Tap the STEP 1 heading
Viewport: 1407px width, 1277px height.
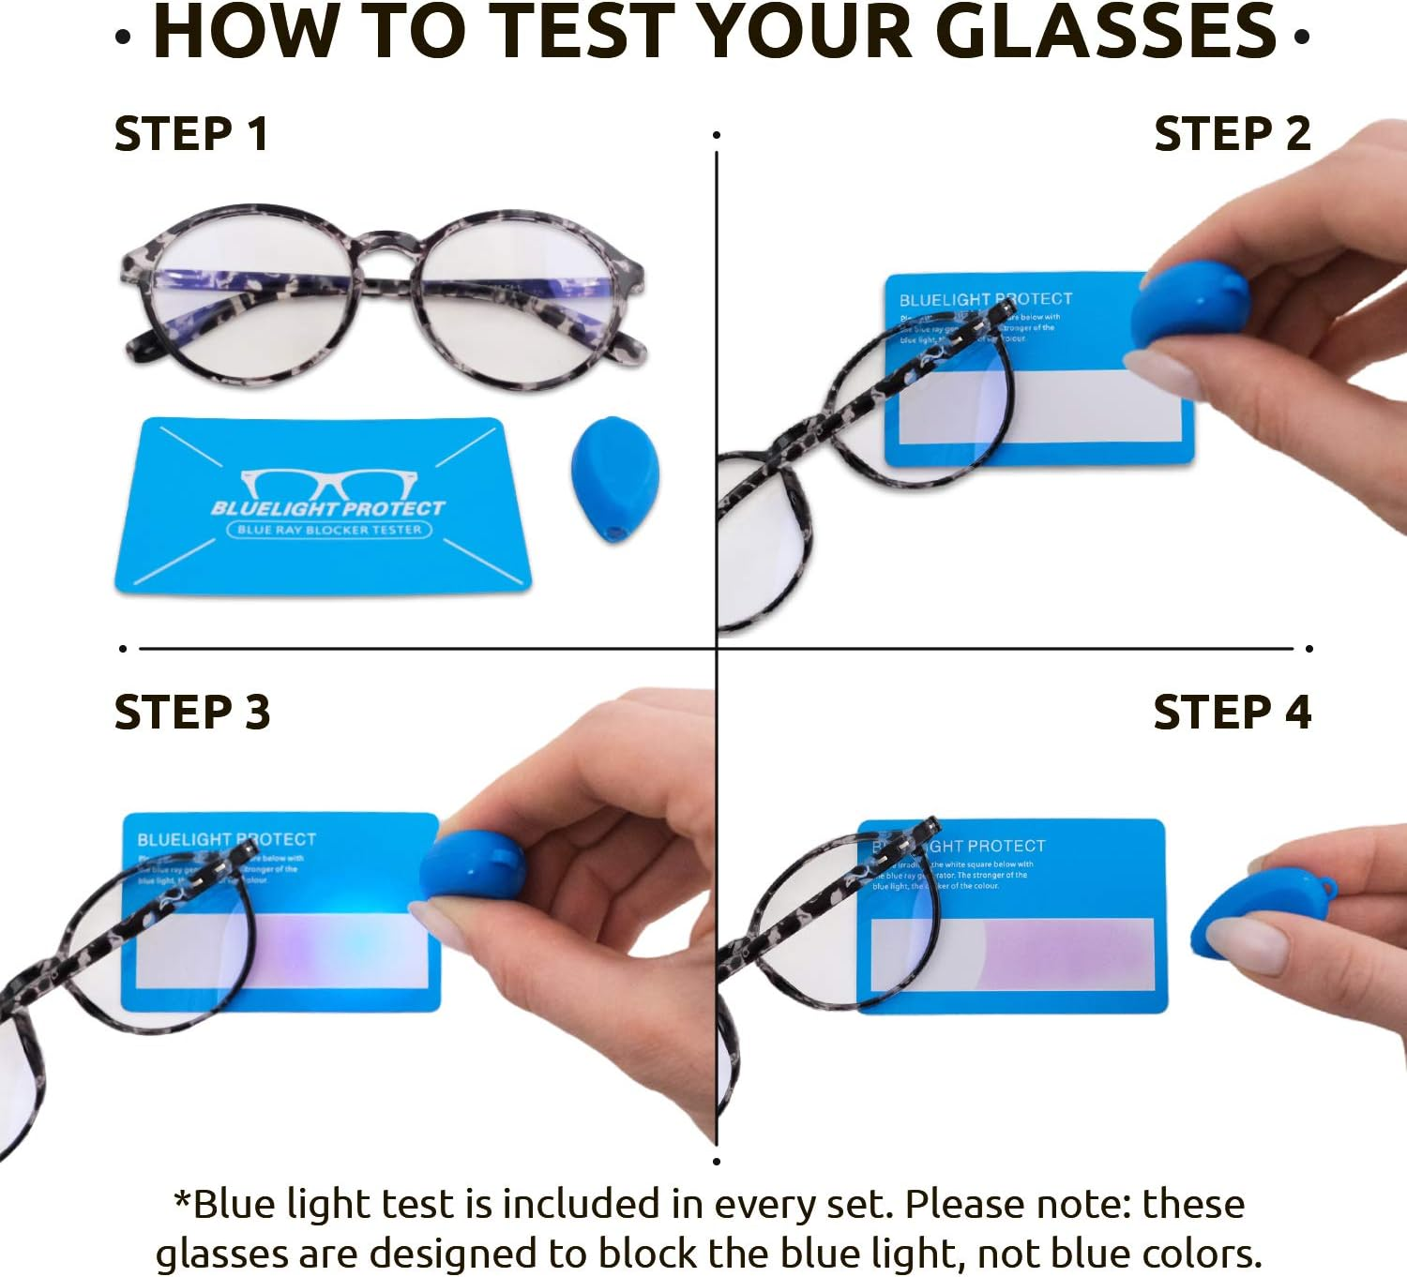tap(191, 134)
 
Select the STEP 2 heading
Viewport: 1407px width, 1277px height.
tap(1232, 134)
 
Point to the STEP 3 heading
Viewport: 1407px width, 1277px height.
tap(192, 713)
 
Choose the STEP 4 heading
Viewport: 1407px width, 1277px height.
tap(1232, 713)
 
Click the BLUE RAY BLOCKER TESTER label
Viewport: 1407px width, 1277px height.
tap(329, 530)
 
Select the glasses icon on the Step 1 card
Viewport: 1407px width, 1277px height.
tap(328, 483)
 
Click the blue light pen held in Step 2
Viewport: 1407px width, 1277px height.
tap(1189, 305)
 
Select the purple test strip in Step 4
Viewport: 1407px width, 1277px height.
tap(1060, 954)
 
